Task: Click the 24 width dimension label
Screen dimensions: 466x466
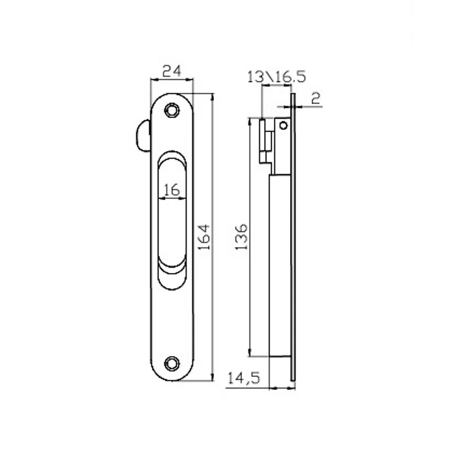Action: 171,71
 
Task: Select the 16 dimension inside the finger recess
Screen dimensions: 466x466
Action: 171,190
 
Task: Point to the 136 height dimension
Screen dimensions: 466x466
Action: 241,236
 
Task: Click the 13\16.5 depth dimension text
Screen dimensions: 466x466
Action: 276,77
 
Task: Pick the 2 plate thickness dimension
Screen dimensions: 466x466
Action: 316,98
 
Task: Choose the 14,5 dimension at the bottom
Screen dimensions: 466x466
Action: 244,378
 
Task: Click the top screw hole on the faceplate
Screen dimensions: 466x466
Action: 172,109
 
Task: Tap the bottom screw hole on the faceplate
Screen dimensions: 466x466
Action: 172,363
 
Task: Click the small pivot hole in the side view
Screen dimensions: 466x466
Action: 283,126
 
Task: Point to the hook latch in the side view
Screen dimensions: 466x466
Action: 265,140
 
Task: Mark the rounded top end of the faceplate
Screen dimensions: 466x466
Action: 172,97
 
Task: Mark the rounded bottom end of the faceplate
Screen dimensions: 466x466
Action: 172,376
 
